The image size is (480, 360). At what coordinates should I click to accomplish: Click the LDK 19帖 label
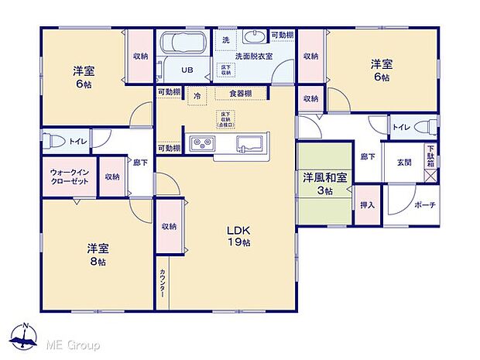pos(238,236)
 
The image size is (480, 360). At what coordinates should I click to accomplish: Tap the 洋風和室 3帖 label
pos(324,183)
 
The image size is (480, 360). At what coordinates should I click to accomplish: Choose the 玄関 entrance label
pos(404,162)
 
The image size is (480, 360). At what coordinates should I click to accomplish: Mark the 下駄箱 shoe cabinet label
pos(430,156)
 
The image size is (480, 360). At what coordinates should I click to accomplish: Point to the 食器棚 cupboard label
pos(238,94)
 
